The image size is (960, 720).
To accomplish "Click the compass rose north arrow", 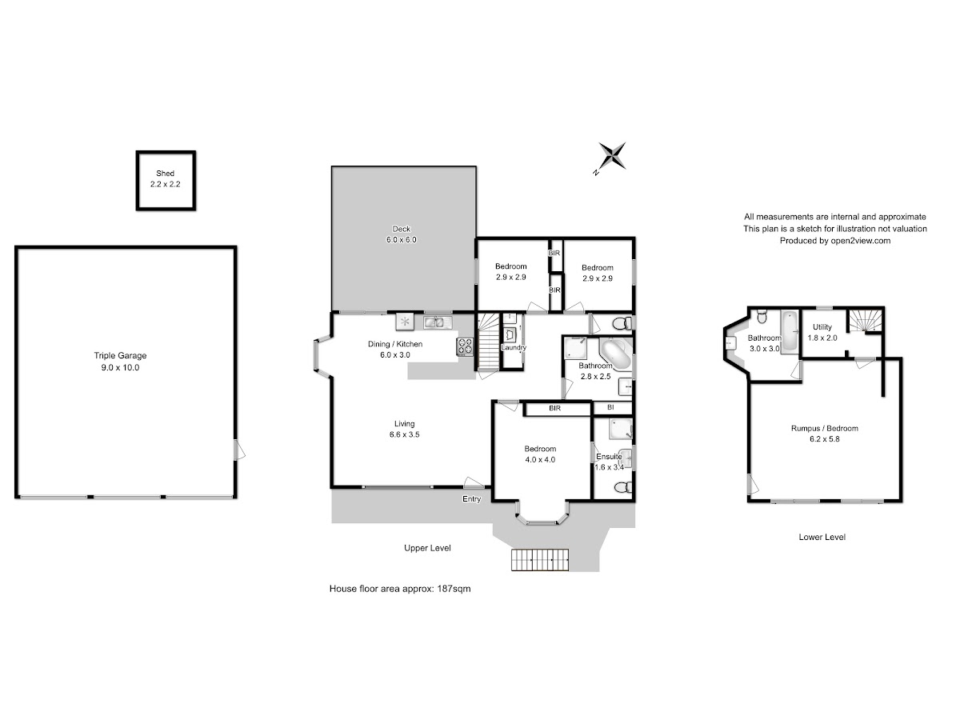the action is [612, 156].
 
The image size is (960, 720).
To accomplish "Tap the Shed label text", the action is [166, 174].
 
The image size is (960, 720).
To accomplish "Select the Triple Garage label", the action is [120, 355].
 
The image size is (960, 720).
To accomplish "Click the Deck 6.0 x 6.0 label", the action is [402, 234].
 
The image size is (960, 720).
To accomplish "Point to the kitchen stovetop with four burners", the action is [465, 346].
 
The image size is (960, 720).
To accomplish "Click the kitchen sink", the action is [438, 322].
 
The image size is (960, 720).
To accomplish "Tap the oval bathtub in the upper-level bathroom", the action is [615, 354].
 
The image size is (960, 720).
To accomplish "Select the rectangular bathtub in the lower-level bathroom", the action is [790, 331].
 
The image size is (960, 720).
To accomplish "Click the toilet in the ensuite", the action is [624, 487].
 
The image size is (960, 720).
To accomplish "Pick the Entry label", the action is [471, 499].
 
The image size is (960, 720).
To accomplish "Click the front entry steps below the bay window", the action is [540, 560].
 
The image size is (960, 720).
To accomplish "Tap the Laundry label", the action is [514, 347].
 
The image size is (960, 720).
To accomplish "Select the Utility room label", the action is [822, 327].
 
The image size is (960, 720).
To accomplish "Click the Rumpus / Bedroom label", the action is [825, 429].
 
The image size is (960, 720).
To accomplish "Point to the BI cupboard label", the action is [610, 407].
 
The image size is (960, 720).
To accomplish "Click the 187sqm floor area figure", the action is [454, 589].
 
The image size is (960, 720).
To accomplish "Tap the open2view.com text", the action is [861, 241].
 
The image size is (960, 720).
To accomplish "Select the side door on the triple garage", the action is [238, 450].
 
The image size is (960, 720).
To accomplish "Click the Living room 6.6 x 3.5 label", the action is [405, 430].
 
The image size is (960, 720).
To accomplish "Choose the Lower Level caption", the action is [822, 538].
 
